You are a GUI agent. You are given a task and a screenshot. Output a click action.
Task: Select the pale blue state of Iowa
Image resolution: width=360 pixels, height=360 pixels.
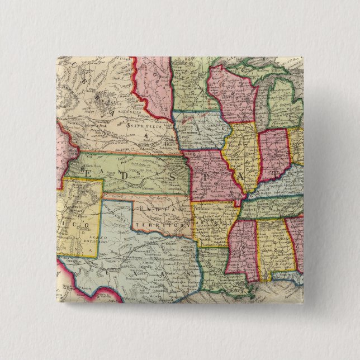click(198, 131)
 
